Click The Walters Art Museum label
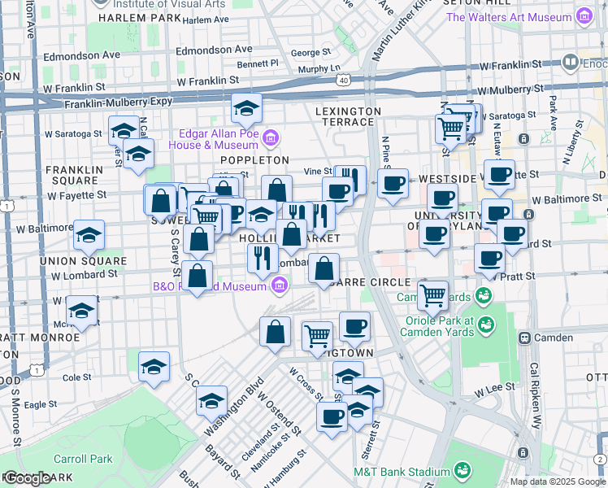(x=509, y=16)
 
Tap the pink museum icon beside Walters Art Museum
(x=583, y=16)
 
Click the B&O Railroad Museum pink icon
(x=280, y=285)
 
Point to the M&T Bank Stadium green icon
(x=463, y=470)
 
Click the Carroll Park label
(x=83, y=459)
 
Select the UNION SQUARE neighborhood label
(x=89, y=261)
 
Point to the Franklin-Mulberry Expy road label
(x=119, y=103)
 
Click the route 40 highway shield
(x=344, y=81)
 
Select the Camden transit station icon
(x=524, y=337)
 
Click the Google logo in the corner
(x=27, y=478)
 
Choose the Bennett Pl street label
(x=258, y=63)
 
